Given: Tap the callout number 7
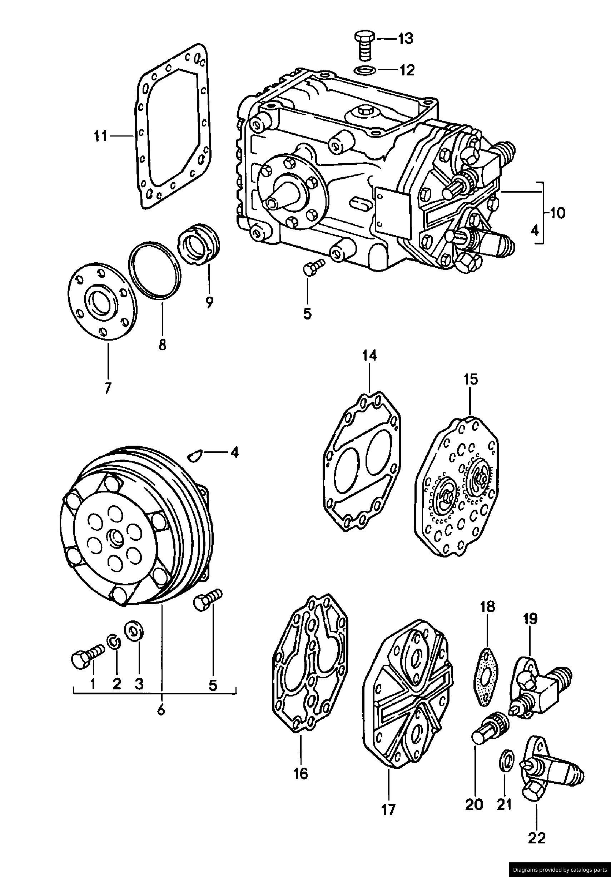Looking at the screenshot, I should [108, 388].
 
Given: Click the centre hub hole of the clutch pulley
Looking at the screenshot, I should [115, 539].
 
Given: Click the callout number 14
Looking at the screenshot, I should [370, 356].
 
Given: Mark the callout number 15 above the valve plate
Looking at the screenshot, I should [471, 380].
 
